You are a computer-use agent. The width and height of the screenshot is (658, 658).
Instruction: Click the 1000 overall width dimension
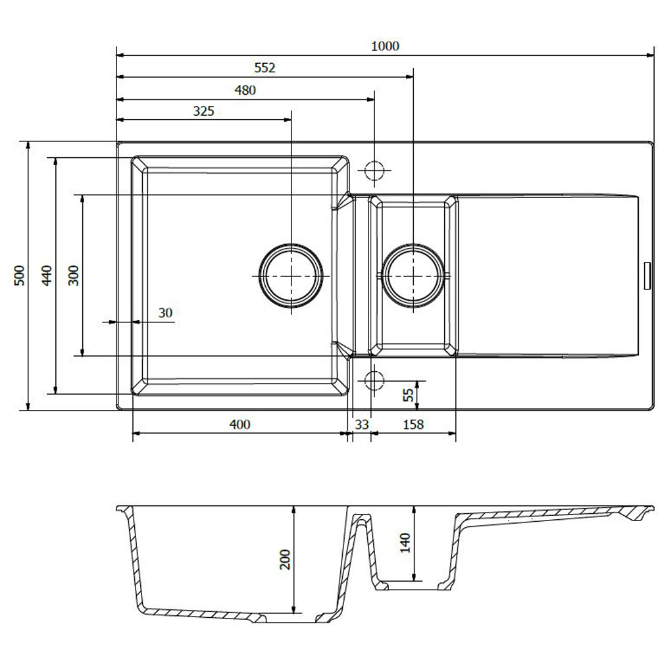(385, 46)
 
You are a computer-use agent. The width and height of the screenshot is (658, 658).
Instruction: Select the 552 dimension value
(265, 68)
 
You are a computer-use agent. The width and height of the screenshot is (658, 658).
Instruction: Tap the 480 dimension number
(245, 89)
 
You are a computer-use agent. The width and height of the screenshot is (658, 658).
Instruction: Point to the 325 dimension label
(203, 111)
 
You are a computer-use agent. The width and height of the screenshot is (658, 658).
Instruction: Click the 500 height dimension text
(19, 276)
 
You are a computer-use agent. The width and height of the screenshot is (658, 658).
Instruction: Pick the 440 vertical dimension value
(46, 276)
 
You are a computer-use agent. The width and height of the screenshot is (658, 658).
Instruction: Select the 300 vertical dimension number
(73, 276)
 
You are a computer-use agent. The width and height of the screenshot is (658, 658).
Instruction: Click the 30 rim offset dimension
(165, 313)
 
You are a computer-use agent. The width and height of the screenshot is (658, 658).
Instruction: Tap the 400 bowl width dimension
(240, 424)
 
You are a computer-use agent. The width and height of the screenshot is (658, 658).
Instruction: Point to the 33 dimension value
(361, 424)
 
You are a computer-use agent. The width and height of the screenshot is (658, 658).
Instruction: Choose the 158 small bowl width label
(413, 424)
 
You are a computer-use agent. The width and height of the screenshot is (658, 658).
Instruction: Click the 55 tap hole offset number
(408, 395)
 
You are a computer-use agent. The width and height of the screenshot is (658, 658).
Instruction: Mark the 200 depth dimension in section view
(285, 559)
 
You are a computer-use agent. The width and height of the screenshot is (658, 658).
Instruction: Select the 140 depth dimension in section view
(405, 543)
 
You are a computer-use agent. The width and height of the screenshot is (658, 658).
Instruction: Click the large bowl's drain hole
(291, 276)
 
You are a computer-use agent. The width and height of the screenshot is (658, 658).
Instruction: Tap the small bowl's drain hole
(413, 276)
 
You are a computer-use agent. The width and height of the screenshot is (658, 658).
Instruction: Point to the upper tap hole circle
(374, 171)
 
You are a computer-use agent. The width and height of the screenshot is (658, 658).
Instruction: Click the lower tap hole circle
(374, 380)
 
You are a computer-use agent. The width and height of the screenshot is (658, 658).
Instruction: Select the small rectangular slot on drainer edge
(647, 276)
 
